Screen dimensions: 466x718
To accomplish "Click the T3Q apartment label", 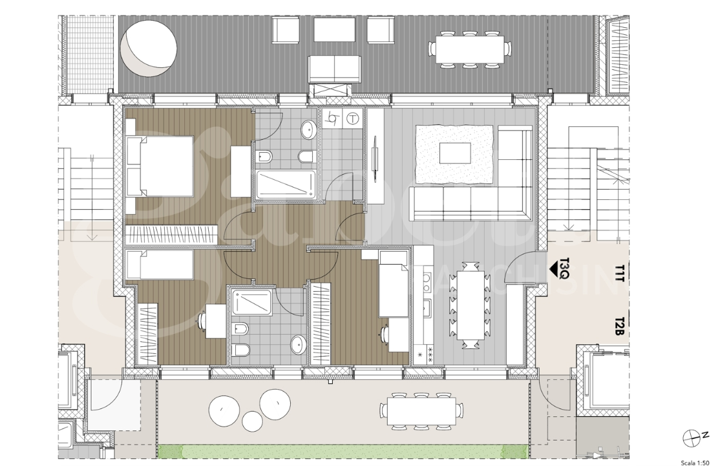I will click(x=564, y=267).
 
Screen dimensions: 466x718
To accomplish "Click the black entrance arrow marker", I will click(x=554, y=267).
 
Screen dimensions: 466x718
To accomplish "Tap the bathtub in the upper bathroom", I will click(x=286, y=185).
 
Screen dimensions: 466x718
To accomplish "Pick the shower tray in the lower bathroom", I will click(x=252, y=302).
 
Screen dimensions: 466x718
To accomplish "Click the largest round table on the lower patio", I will click(x=275, y=403).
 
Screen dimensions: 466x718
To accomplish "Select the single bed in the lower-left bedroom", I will click(x=160, y=265).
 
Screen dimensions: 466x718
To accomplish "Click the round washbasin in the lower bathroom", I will click(x=299, y=342).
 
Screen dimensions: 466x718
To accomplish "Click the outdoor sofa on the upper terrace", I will click(x=334, y=69).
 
